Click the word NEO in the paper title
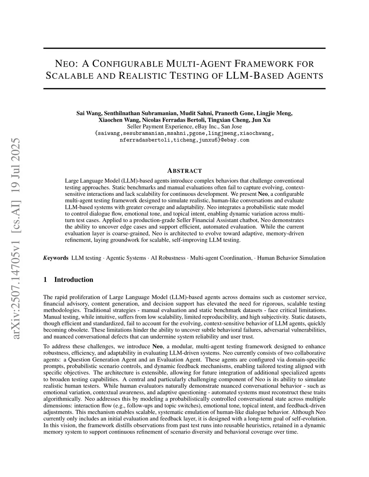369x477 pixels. (66, 64)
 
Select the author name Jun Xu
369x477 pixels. (262, 120)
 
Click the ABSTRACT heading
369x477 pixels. (184, 171)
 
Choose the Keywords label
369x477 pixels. (56, 258)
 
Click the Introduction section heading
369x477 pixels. (74, 280)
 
